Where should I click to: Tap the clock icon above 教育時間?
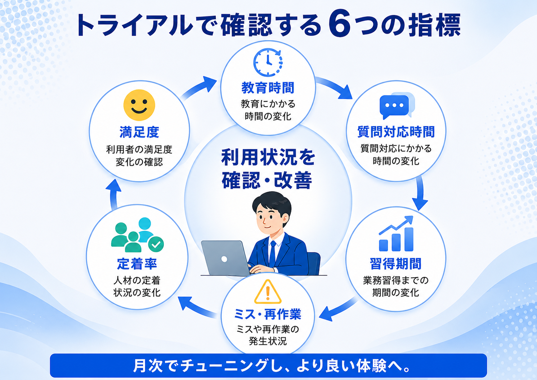click(x=268, y=62)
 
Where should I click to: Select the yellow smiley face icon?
click(x=139, y=105)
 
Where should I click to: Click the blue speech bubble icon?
click(x=397, y=106)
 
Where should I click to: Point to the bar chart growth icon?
click(x=396, y=233)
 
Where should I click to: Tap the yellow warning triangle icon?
click(x=268, y=291)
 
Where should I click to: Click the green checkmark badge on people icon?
click(x=156, y=244)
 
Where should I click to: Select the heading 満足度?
click(x=139, y=132)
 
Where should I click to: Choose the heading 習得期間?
click(x=396, y=264)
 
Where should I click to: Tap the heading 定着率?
click(x=137, y=264)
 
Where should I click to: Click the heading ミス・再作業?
click(x=268, y=314)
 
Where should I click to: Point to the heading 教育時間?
click(x=268, y=88)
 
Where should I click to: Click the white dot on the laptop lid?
click(x=224, y=259)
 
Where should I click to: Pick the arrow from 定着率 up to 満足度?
click(x=114, y=195)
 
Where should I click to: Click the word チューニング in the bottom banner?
click(x=224, y=365)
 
